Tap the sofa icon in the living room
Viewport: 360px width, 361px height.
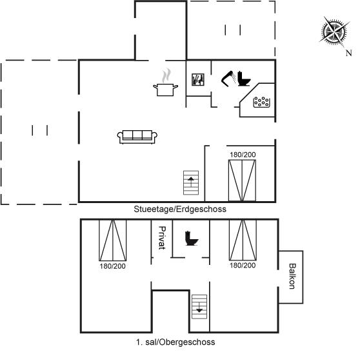click(x=137, y=137)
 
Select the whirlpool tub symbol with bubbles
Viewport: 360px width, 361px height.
click(x=261, y=102)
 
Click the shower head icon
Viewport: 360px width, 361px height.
click(x=228, y=79)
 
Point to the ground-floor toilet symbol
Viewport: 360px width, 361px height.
click(x=244, y=79)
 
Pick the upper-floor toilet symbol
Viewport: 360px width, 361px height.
click(x=192, y=238)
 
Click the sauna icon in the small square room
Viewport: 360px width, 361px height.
click(x=198, y=80)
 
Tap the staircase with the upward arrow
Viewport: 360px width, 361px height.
click(x=191, y=182)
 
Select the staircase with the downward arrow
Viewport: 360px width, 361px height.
click(x=199, y=307)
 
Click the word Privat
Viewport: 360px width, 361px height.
click(x=162, y=238)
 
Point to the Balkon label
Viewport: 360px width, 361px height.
click(x=292, y=276)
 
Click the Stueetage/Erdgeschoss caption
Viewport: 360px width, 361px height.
click(x=180, y=210)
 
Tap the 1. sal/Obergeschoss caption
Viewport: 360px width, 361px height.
click(x=175, y=342)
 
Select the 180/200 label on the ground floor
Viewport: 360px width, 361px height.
click(x=243, y=155)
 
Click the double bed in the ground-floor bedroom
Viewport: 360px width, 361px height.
click(x=242, y=180)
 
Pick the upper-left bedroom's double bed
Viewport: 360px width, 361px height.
click(x=113, y=240)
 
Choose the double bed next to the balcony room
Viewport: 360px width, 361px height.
click(x=243, y=240)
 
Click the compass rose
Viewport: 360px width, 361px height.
click(x=334, y=32)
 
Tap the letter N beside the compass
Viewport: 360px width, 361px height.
click(x=348, y=53)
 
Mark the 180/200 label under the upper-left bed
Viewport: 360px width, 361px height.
click(x=112, y=266)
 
